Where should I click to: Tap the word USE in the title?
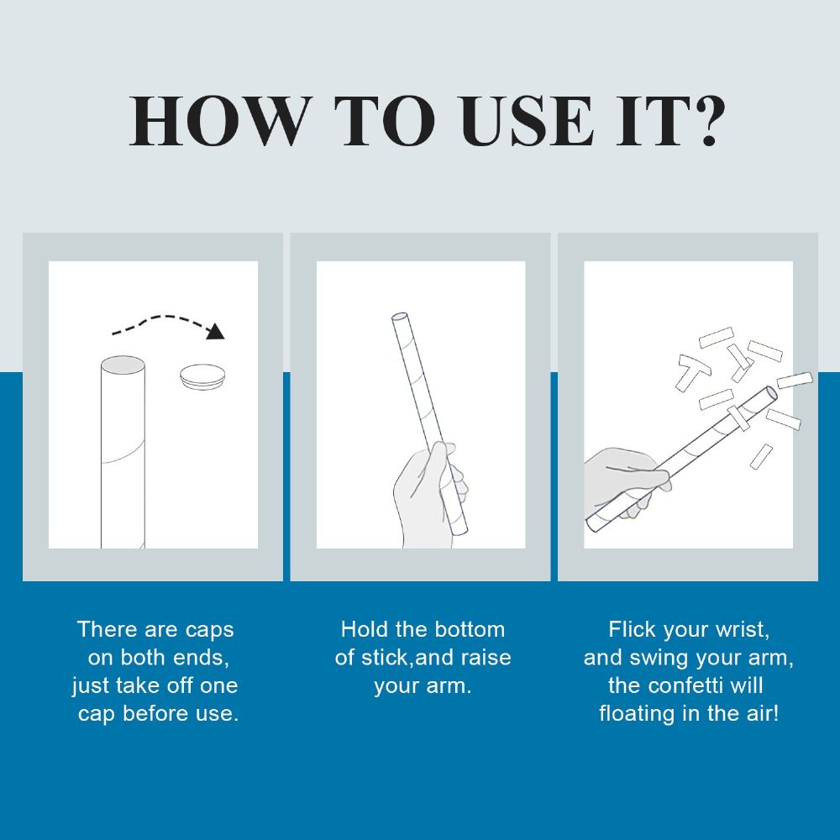528,121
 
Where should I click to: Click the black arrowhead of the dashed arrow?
216,332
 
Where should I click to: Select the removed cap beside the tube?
202,376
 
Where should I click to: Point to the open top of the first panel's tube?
123,365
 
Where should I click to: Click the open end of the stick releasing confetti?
771,393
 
